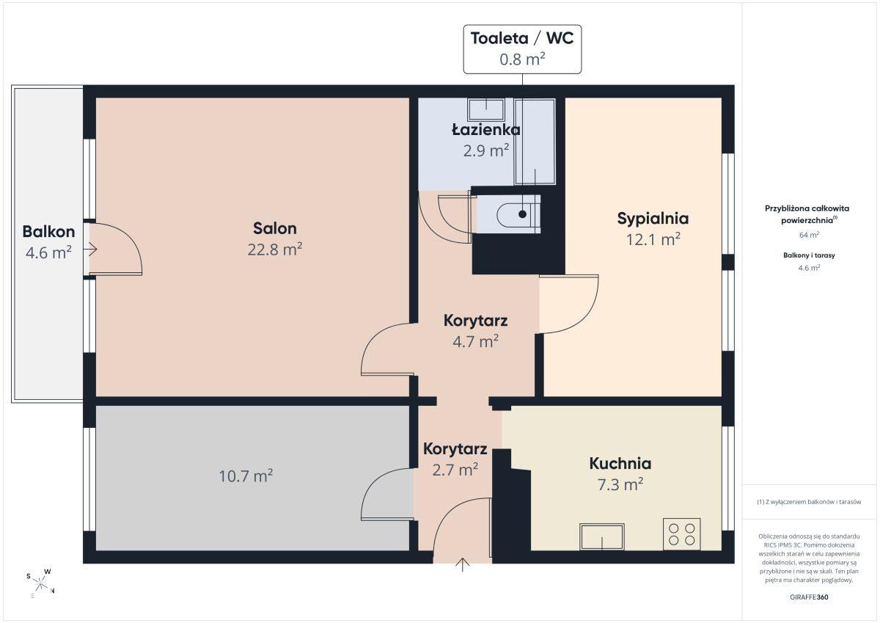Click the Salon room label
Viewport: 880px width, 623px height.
click(274, 228)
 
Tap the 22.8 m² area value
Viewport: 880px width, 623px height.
click(274, 249)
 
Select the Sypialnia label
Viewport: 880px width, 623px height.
click(653, 219)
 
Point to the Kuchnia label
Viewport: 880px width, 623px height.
click(620, 464)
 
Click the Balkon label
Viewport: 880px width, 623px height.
click(48, 231)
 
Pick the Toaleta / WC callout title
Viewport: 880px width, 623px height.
click(522, 38)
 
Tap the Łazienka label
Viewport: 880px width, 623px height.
click(486, 130)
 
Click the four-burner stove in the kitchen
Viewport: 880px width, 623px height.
click(681, 534)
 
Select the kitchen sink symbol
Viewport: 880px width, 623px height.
click(602, 536)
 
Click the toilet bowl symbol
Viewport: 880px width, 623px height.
click(518, 214)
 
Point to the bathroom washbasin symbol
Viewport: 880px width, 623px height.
click(486, 109)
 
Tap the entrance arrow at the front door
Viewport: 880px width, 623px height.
click(463, 564)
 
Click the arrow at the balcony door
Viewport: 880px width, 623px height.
click(90, 249)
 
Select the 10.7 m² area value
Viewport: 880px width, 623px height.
click(246, 476)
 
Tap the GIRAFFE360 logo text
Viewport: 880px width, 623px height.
click(809, 597)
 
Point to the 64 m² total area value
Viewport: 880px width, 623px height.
click(809, 235)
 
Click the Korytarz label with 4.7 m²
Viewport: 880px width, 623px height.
click(475, 321)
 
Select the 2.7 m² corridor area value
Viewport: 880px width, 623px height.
click(455, 470)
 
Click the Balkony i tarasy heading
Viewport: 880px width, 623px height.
click(809, 255)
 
